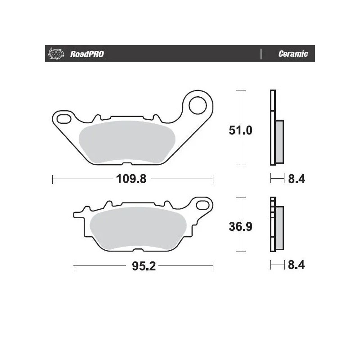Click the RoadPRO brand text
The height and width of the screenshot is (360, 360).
click(87, 54)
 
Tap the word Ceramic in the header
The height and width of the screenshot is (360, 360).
click(293, 54)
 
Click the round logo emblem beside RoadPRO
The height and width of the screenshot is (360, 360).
click(54, 54)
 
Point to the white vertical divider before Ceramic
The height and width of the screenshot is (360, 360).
click(261, 54)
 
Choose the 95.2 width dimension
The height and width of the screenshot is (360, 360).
click(144, 266)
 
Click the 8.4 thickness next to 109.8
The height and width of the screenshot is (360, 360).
click(296, 179)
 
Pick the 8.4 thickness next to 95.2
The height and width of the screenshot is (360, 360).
click(296, 265)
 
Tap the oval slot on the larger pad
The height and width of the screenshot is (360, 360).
click(63, 118)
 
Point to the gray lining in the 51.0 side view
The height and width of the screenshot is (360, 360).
click(279, 141)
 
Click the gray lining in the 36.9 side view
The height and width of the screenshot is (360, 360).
click(279, 227)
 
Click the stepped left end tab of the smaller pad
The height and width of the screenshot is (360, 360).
click(78, 214)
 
